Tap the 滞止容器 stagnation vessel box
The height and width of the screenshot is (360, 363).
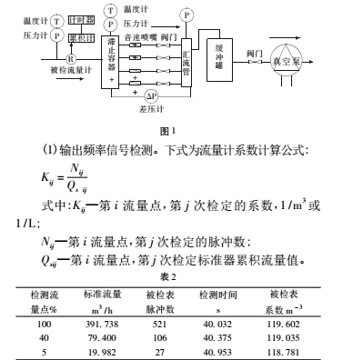coord(112,60)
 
